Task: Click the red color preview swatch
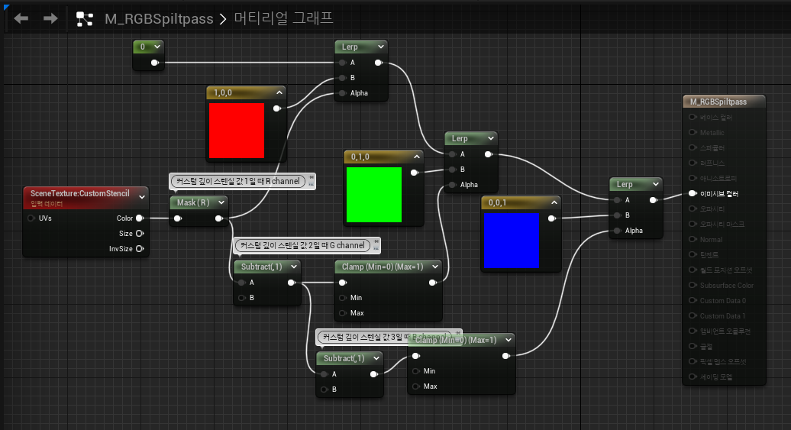[237, 131]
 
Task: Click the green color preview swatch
[374, 195]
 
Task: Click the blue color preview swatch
[512, 241]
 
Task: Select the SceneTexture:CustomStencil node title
[80, 193]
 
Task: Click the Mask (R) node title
[192, 202]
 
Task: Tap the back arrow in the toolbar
[21, 18]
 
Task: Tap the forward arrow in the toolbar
[50, 18]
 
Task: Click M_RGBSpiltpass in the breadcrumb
[159, 18]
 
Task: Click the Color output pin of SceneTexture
[140, 218]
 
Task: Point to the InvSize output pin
[140, 248]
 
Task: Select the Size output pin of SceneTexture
[140, 234]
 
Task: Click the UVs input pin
[31, 218]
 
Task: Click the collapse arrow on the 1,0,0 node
[279, 92]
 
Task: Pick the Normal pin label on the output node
[711, 239]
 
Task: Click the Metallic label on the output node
[712, 132]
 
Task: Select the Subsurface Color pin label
[726, 285]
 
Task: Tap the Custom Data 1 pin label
[722, 315]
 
